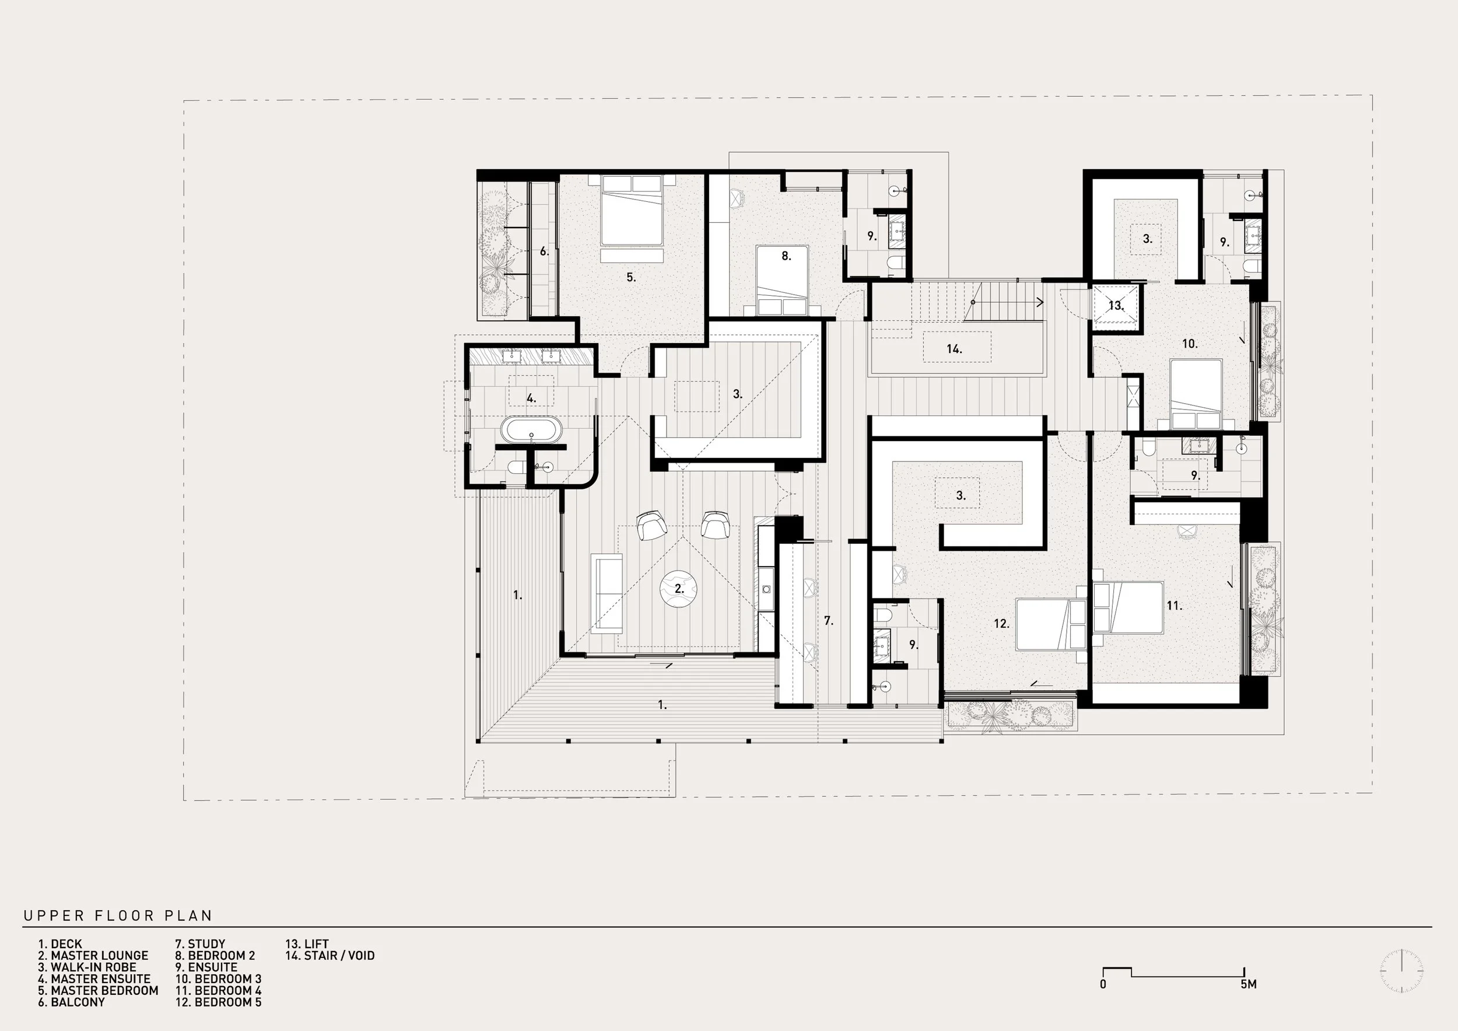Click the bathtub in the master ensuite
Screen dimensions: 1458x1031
pyautogui.click(x=531, y=430)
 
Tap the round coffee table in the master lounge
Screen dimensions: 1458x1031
pyautogui.click(x=679, y=589)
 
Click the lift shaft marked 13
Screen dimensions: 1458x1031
pyautogui.click(x=1116, y=307)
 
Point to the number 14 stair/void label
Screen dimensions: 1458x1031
pyautogui.click(x=954, y=349)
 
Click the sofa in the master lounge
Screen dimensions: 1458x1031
pyautogui.click(x=607, y=593)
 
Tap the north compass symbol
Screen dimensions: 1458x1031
pyautogui.click(x=1401, y=971)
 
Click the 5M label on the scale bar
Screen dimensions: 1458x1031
pyautogui.click(x=1249, y=984)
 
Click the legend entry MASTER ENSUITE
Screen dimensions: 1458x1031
pyautogui.click(x=100, y=979)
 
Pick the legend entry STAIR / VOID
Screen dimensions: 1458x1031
pyautogui.click(x=339, y=955)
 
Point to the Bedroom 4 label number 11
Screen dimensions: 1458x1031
pyautogui.click(x=1174, y=606)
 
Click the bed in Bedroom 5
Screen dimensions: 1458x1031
pyautogui.click(x=1051, y=624)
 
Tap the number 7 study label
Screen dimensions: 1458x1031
pyautogui.click(x=828, y=621)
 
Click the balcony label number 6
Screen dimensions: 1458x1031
pyautogui.click(x=544, y=251)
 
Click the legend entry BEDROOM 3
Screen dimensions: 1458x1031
pyautogui.click(x=228, y=979)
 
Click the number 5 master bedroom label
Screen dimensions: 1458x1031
pyautogui.click(x=630, y=277)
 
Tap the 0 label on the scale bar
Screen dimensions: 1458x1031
pyautogui.click(x=1103, y=984)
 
